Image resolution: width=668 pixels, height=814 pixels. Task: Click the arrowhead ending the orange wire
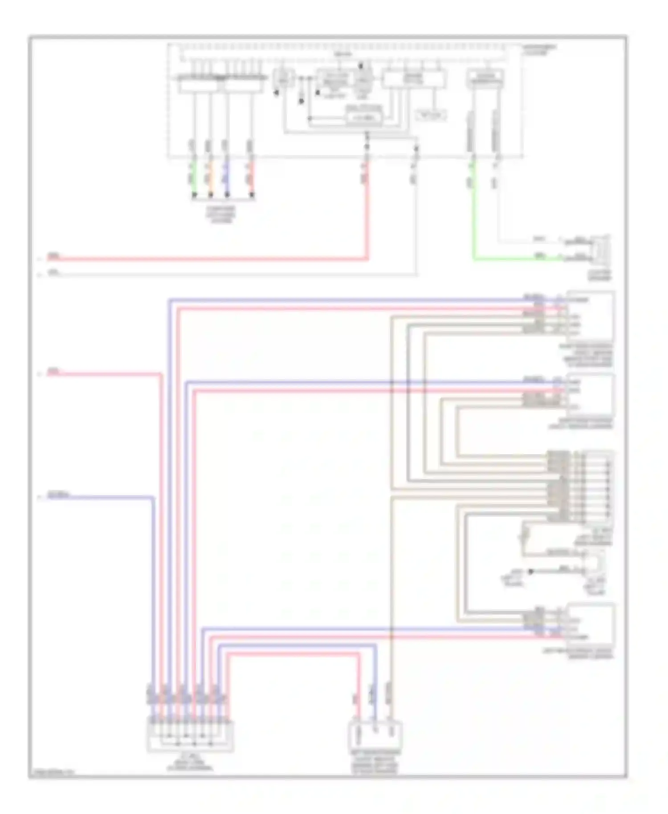coord(210,195)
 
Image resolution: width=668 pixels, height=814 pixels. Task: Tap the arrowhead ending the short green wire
coord(194,195)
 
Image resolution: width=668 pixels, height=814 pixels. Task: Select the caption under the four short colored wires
coord(221,214)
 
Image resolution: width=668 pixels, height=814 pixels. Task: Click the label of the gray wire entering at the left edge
coord(53,272)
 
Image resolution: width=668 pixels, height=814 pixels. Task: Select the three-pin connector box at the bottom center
coord(375,736)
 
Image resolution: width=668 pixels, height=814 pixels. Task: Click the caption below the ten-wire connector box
coord(190,764)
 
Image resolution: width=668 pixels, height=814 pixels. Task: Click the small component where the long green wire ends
coord(599,251)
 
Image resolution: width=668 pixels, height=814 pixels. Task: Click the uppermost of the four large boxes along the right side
coord(591,317)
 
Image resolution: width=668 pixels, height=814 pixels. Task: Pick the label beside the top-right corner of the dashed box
coord(539,49)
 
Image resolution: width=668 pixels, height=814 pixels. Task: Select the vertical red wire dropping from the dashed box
coord(367,209)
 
